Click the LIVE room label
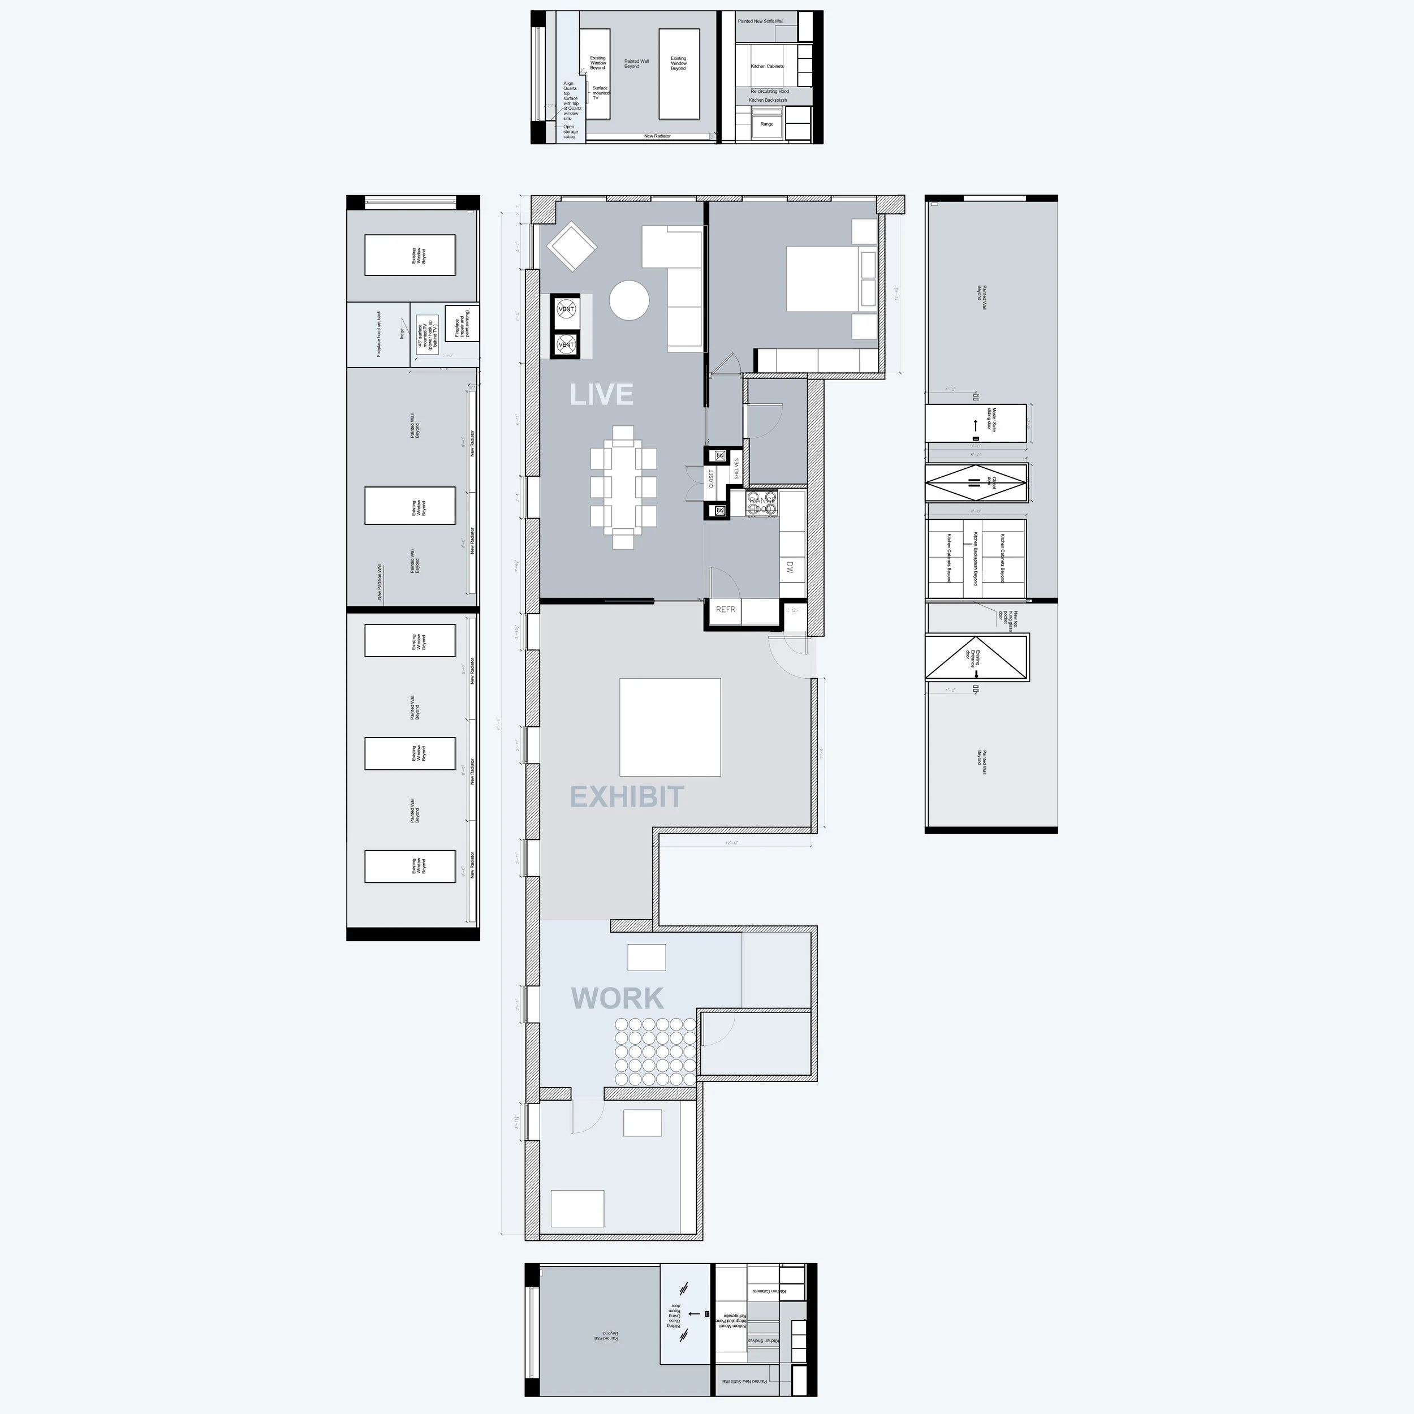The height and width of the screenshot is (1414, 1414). tap(601, 394)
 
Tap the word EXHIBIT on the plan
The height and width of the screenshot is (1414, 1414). tap(627, 797)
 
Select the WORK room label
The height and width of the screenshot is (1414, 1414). tap(617, 998)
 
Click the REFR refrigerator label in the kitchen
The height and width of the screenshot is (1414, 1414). tap(725, 609)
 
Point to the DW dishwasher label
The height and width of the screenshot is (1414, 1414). tap(790, 567)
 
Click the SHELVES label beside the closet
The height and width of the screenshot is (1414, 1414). tap(736, 468)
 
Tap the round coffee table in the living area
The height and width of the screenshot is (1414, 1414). tap(629, 301)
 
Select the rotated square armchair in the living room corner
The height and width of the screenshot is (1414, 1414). tap(572, 247)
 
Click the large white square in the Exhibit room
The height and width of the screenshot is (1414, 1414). tap(670, 727)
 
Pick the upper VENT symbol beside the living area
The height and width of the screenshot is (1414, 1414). tap(566, 309)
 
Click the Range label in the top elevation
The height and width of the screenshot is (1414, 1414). tap(766, 124)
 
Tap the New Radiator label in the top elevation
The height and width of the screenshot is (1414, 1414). tap(657, 136)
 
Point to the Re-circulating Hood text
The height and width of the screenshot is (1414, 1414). tap(769, 92)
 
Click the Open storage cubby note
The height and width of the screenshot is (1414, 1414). tap(570, 132)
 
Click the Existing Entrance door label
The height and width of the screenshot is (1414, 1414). tap(971, 657)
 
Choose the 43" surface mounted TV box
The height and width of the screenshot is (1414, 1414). tap(426, 336)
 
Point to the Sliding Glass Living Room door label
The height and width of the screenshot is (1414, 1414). tap(673, 1315)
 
